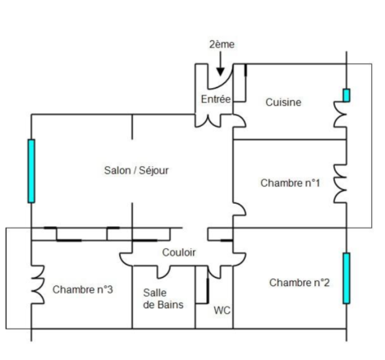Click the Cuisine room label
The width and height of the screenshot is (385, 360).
click(x=283, y=102)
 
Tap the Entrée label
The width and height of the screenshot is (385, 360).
click(x=216, y=99)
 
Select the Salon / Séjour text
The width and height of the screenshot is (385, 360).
click(x=136, y=170)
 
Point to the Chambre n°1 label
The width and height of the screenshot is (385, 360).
click(x=290, y=182)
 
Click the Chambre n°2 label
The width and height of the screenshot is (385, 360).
click(x=300, y=283)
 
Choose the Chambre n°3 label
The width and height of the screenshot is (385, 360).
click(x=83, y=289)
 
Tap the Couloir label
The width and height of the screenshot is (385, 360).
click(x=179, y=252)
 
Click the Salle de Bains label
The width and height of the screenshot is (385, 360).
click(x=163, y=298)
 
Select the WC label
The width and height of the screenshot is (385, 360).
click(x=222, y=311)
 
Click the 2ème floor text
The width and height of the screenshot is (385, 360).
click(x=222, y=44)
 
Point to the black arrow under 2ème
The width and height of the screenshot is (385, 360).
click(x=221, y=64)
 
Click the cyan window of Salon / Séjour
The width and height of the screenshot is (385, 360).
click(x=31, y=171)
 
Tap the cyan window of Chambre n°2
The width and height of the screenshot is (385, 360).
click(x=346, y=279)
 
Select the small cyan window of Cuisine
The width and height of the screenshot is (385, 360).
click(x=346, y=95)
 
